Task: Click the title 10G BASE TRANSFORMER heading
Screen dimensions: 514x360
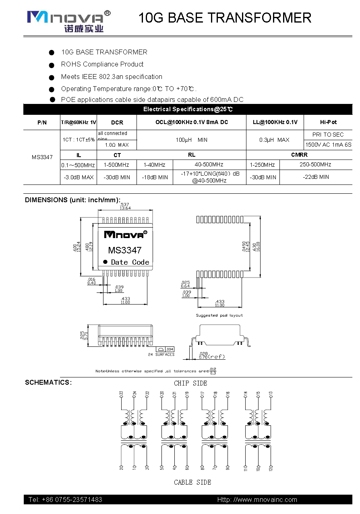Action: pyautogui.click(x=225, y=18)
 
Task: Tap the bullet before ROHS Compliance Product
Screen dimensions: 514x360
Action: pyautogui.click(x=52, y=65)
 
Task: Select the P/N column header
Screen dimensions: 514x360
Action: pyautogui.click(x=42, y=122)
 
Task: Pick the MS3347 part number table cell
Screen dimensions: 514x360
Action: pyautogui.click(x=42, y=157)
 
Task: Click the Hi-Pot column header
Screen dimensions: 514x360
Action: pyautogui.click(x=328, y=122)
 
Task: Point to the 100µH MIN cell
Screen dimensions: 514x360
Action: pyautogui.click(x=191, y=140)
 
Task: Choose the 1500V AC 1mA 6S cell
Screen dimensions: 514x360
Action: pyautogui.click(x=328, y=145)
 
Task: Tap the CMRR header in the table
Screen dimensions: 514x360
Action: pyautogui.click(x=299, y=155)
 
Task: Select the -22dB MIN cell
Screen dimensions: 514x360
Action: pyautogui.click(x=316, y=177)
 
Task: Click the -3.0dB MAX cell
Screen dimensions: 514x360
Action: pyautogui.click(x=79, y=177)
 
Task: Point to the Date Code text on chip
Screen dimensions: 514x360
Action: pyautogui.click(x=130, y=262)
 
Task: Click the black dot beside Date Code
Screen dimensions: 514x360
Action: pyautogui.click(x=106, y=262)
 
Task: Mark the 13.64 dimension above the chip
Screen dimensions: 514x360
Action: pyautogui.click(x=125, y=208)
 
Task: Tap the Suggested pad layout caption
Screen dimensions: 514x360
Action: pyautogui.click(x=219, y=315)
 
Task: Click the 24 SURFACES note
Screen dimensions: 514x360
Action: pyautogui.click(x=161, y=354)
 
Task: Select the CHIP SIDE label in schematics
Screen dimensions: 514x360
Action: pyautogui.click(x=190, y=383)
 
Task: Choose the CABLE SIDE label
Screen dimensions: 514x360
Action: pyautogui.click(x=192, y=482)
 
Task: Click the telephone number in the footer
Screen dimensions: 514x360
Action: pyautogui.click(x=65, y=499)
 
